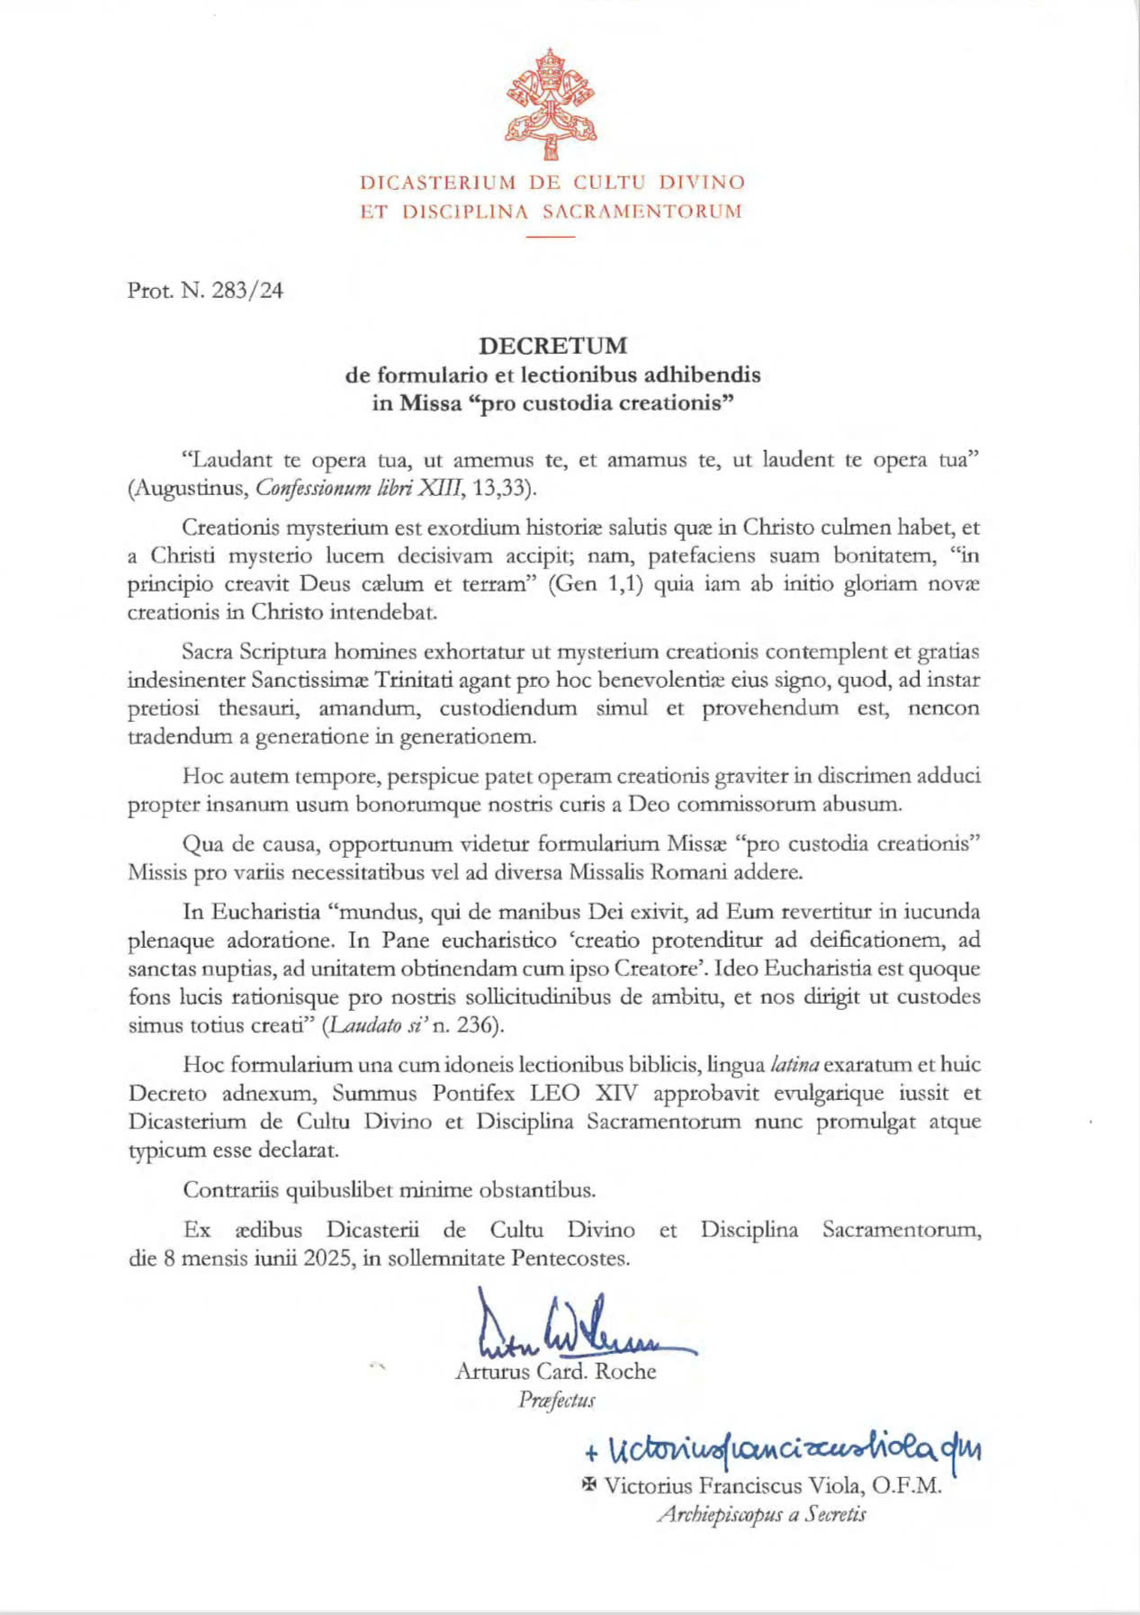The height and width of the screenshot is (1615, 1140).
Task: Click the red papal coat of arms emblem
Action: click(552, 106)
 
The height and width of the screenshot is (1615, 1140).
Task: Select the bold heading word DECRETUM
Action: click(552, 346)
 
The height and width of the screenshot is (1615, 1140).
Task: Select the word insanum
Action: click(246, 804)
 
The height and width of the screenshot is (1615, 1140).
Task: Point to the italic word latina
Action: click(794, 1065)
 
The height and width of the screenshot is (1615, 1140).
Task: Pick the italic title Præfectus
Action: click(557, 1401)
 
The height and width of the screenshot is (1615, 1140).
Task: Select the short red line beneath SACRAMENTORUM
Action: click(551, 237)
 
